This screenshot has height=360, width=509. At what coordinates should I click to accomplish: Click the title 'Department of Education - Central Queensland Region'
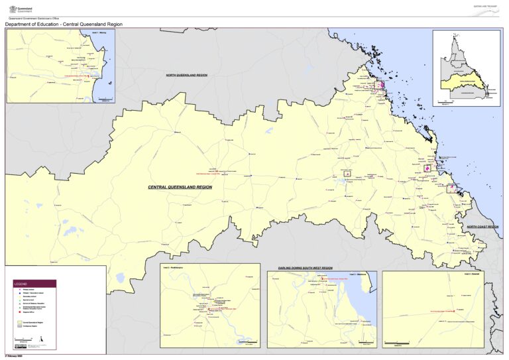[x=64, y=25]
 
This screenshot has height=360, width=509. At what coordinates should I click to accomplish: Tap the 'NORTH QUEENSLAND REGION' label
[x=187, y=76]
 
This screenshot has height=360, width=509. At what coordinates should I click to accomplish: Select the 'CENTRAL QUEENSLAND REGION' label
[x=180, y=188]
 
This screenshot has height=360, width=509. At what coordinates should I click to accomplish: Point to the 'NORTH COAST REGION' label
[x=482, y=227]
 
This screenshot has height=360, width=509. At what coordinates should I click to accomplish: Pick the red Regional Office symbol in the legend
[x=16, y=315]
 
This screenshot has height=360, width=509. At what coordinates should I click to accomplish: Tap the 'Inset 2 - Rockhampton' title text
[x=172, y=267]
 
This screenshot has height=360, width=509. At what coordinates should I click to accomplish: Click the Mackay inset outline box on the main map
[x=379, y=85]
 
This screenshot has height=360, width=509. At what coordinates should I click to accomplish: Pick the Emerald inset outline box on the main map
[x=347, y=173]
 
